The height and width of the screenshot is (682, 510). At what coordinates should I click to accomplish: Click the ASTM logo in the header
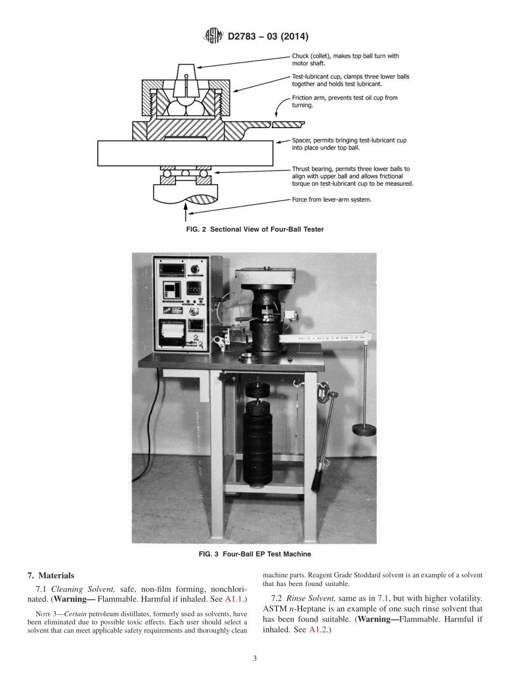tap(213, 36)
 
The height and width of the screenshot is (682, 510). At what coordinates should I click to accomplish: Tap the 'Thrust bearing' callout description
tap(352, 176)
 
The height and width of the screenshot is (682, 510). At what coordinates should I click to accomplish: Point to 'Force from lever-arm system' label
tap(332, 199)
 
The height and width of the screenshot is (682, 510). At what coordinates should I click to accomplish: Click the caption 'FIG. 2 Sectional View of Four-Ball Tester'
tap(255, 229)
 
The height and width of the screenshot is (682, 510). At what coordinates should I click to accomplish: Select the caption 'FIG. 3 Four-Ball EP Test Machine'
tap(255, 554)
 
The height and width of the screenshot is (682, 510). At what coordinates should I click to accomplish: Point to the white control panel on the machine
tap(181, 303)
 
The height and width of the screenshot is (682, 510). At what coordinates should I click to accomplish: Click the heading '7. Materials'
tap(50, 576)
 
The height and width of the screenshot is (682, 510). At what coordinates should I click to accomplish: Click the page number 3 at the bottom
tap(255, 659)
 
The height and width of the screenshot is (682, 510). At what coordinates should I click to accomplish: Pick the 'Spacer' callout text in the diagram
tap(349, 144)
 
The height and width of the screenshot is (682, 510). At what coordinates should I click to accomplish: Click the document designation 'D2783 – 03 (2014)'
tap(268, 36)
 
